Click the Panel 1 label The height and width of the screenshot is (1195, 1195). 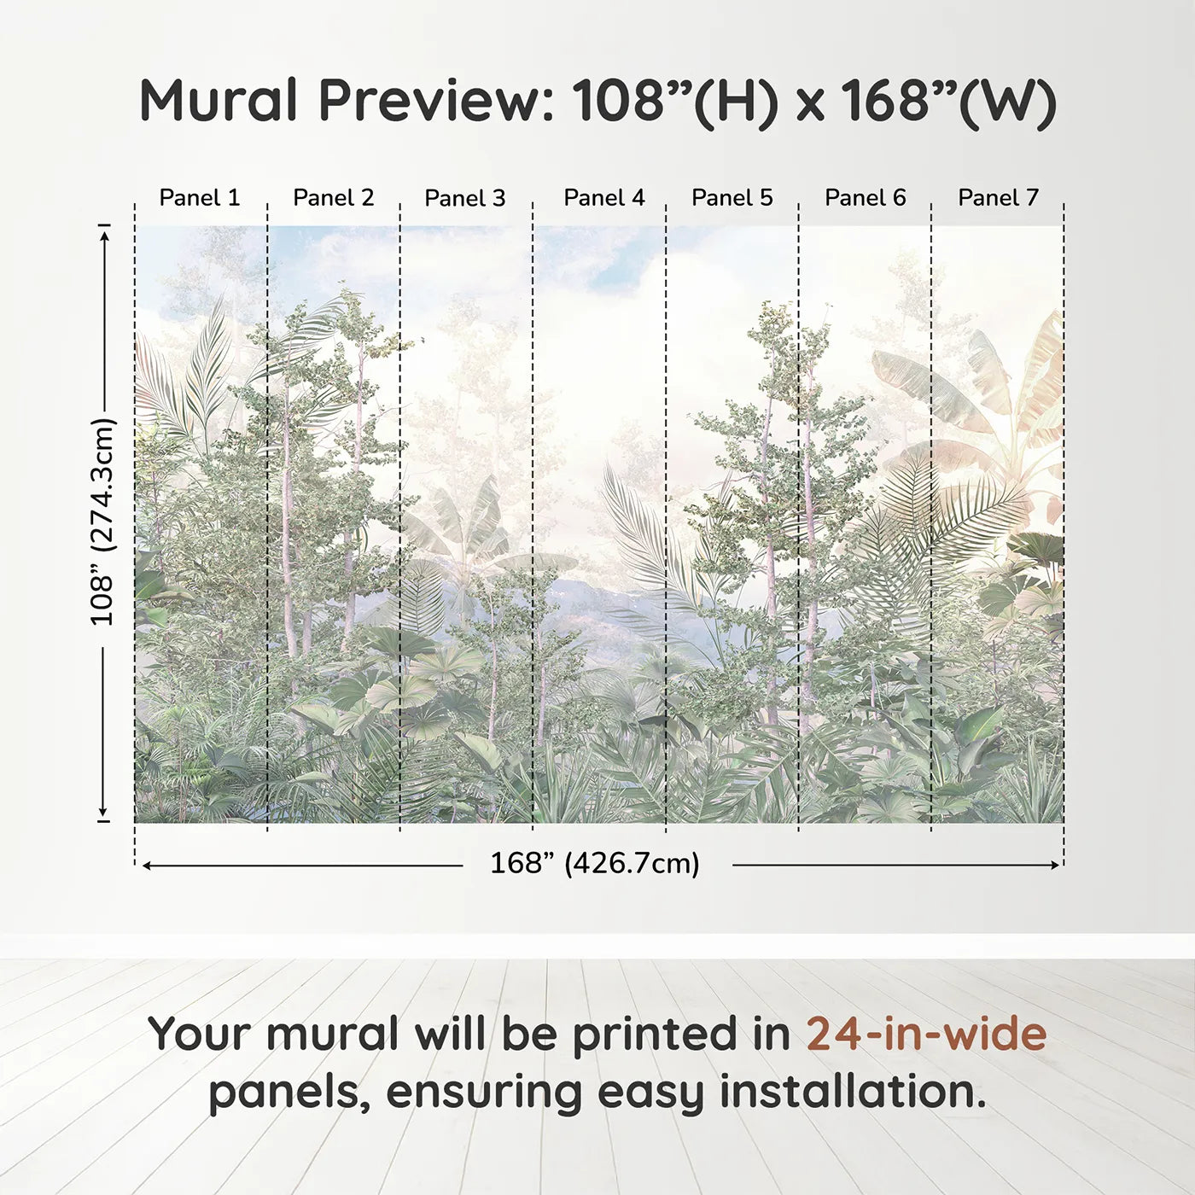pyautogui.click(x=200, y=197)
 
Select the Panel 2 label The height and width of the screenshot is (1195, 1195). pyautogui.click(x=333, y=197)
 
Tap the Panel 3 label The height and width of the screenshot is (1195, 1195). pyautogui.click(x=465, y=198)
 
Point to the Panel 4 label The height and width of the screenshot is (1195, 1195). pyautogui.click(x=603, y=197)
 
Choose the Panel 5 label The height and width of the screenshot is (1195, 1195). pyautogui.click(x=732, y=197)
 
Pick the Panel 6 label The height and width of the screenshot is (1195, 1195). pyautogui.click(x=865, y=197)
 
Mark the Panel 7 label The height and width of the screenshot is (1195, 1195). pyautogui.click(x=998, y=197)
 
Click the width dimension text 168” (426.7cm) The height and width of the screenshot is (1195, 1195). pyautogui.click(x=594, y=864)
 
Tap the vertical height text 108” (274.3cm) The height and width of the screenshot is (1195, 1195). pyautogui.click(x=102, y=522)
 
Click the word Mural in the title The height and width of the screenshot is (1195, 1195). pyautogui.click(x=219, y=100)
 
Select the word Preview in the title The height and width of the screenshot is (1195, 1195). pyautogui.click(x=436, y=102)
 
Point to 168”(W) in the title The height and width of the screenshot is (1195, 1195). pyautogui.click(x=948, y=102)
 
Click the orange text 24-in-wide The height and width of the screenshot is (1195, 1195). pyautogui.click(x=926, y=1034)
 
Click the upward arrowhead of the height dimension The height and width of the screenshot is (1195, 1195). pyautogui.click(x=104, y=232)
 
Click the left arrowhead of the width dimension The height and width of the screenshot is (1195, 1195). pyautogui.click(x=146, y=866)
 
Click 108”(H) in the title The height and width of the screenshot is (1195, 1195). pyautogui.click(x=675, y=102)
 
